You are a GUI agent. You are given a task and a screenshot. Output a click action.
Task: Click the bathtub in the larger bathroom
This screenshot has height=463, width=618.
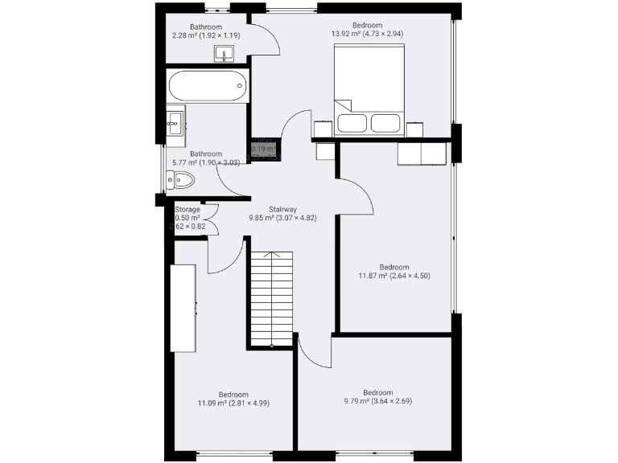tap(208, 85)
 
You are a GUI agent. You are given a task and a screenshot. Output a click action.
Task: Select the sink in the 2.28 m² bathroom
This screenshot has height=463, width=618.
tap(224, 54)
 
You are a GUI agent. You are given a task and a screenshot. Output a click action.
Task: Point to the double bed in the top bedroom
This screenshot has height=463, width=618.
tap(368, 88)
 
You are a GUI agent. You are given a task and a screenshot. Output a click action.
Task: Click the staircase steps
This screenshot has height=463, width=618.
tap(271, 297)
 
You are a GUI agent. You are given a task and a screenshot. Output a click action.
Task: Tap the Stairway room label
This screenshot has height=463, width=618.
tap(270, 207)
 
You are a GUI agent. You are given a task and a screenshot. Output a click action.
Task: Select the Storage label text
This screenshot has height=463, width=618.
tap(187, 210)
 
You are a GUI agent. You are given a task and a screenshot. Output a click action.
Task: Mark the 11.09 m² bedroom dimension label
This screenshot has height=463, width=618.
tap(233, 404)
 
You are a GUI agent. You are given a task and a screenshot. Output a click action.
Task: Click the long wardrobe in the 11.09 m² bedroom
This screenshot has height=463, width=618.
tap(183, 306)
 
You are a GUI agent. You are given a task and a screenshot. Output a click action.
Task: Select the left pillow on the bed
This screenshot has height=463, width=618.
tap(352, 123)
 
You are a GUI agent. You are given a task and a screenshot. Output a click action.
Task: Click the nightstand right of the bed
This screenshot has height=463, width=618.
tap(414, 129)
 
